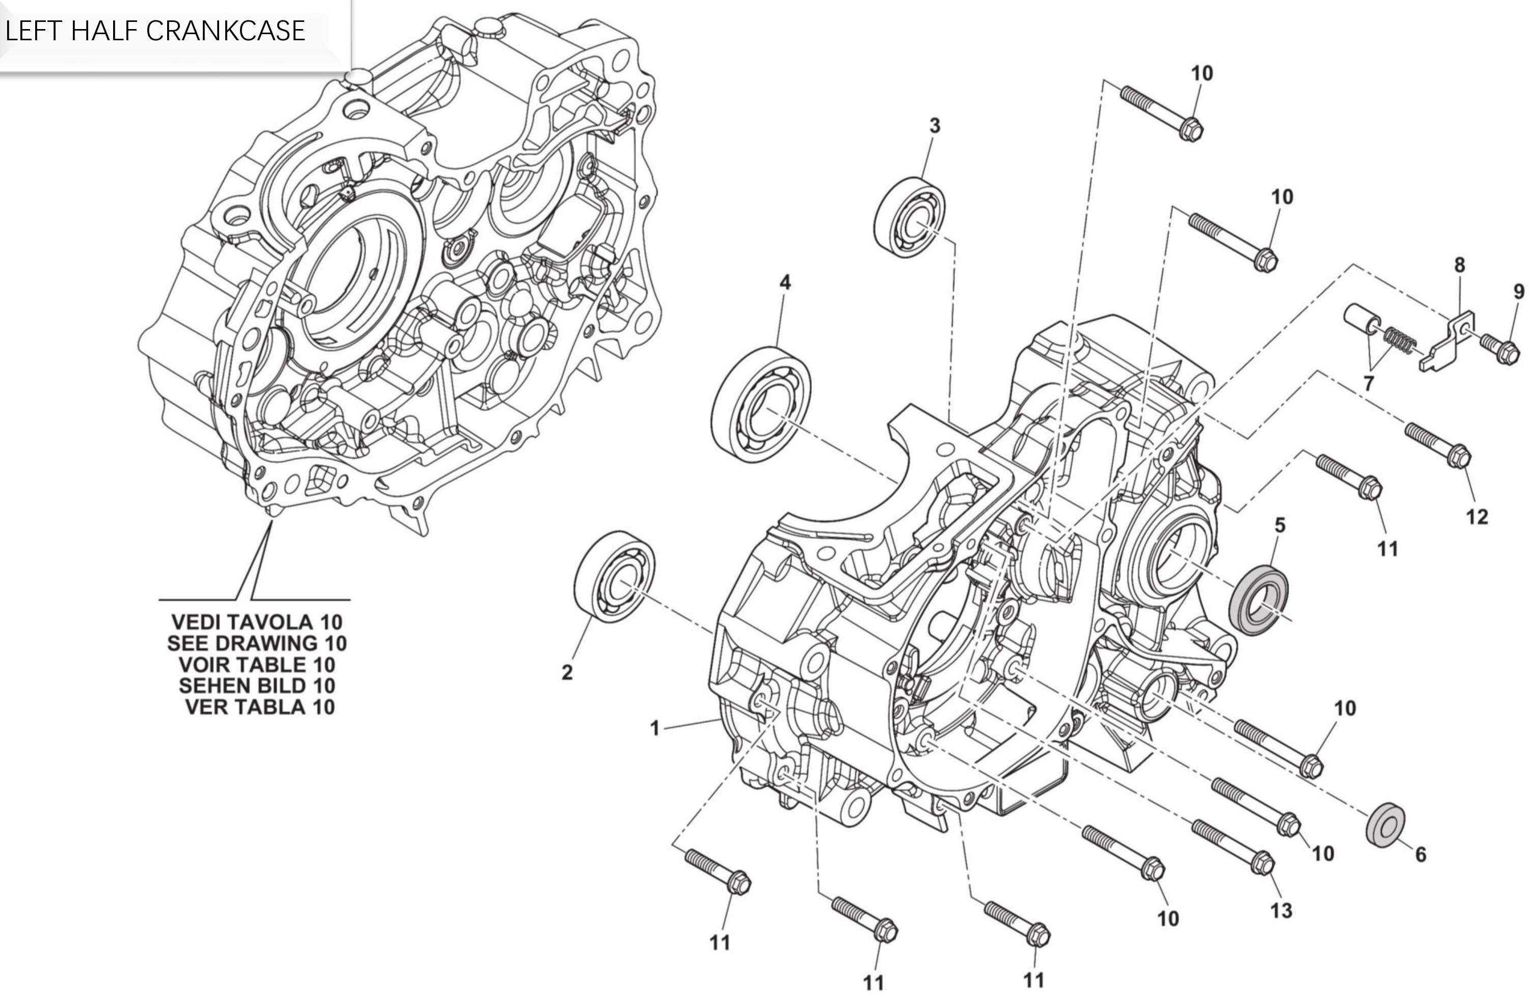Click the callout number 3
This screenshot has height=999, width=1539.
(935, 126)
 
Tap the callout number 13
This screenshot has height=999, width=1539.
(1281, 910)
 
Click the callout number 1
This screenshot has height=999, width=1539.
(654, 729)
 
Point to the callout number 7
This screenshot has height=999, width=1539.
(1368, 383)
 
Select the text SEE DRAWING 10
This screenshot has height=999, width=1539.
(257, 643)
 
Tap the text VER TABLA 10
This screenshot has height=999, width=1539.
(260, 707)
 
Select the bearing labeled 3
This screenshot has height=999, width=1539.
(909, 217)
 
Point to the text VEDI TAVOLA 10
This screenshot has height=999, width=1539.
(257, 622)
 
